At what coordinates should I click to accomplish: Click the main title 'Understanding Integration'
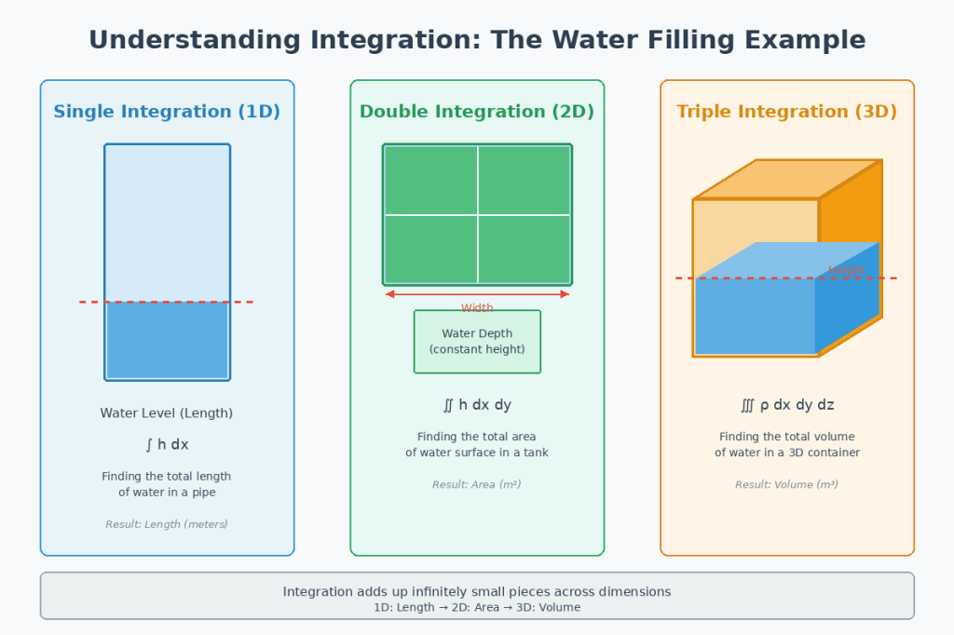click(477, 40)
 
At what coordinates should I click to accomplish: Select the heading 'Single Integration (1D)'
click(167, 112)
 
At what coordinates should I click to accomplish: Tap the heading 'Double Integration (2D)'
click(477, 112)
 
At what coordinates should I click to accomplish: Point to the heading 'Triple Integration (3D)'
click(787, 112)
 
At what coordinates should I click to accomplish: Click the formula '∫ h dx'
click(167, 445)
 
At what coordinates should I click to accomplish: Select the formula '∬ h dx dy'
click(477, 405)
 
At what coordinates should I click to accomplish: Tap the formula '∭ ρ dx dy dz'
click(787, 405)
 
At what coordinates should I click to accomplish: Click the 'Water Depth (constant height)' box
click(477, 342)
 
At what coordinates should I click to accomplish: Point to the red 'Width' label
click(477, 308)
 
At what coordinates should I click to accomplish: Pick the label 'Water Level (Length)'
click(167, 413)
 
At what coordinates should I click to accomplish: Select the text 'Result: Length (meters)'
click(167, 524)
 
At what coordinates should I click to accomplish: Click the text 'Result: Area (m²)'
click(477, 484)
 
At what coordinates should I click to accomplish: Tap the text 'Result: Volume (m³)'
click(787, 484)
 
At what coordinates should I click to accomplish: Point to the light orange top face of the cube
click(787, 180)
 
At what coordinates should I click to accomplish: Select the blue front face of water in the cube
click(755, 317)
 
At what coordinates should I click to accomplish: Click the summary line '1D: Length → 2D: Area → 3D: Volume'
click(477, 607)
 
